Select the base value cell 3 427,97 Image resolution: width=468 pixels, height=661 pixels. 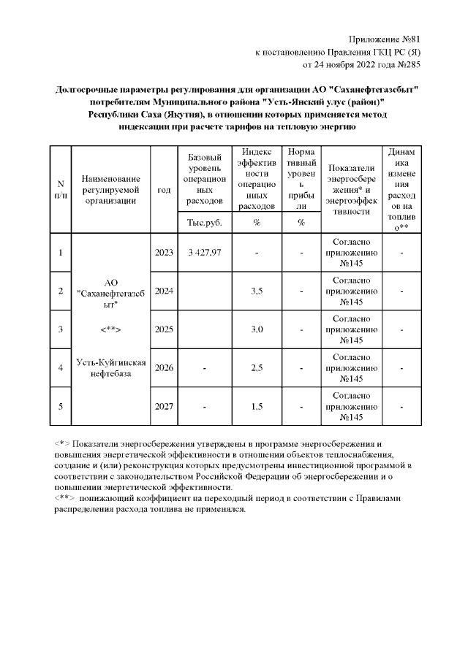point(204,253)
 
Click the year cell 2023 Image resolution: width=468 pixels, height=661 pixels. point(164,253)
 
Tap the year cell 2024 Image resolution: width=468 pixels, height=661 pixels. point(164,291)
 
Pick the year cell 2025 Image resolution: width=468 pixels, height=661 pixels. point(164,329)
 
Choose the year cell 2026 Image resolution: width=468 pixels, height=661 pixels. point(164,367)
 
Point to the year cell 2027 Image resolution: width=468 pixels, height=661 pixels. point(164,405)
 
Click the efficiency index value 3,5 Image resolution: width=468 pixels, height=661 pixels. point(257,291)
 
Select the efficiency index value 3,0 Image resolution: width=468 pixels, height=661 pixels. point(257,329)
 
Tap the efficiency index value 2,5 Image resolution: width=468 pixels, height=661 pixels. point(257,367)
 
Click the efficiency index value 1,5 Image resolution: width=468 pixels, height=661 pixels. point(257,405)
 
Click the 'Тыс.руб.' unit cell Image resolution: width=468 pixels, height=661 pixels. point(204,222)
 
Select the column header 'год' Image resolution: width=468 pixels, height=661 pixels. point(164,189)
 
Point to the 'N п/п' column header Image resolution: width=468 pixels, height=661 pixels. point(61,189)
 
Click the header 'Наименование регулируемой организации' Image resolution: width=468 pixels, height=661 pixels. point(110,189)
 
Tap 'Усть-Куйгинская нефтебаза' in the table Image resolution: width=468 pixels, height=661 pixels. point(111,368)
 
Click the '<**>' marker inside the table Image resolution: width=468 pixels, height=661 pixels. point(110,329)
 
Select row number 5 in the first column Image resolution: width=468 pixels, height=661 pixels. point(61,405)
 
